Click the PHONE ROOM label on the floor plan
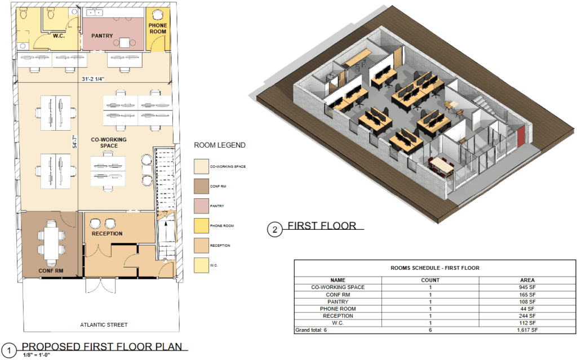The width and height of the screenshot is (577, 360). tap(158, 28)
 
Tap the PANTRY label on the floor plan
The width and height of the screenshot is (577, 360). tap(102, 35)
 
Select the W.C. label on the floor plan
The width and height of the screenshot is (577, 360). tap(59, 35)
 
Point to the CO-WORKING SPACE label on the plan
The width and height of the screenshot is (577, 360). tap(109, 143)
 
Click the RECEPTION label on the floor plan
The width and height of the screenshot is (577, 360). tap(107, 233)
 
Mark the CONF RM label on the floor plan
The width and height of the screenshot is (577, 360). tap(51, 270)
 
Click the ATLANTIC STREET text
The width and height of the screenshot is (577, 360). tap(104, 325)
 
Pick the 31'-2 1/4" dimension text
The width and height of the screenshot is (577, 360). tap(94, 79)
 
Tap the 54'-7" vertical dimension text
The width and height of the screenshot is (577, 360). tap(75, 142)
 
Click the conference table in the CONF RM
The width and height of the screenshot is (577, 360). tap(51, 243)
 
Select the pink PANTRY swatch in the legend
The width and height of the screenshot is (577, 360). tap(201, 206)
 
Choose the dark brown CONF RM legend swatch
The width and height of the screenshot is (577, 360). tap(201, 186)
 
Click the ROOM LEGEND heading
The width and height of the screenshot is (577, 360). tap(220, 145)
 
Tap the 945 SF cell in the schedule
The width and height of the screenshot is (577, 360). tap(527, 287)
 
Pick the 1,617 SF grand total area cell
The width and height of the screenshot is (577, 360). tap(527, 330)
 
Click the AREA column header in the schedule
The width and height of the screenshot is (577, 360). tap(527, 280)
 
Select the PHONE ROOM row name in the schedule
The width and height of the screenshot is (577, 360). tap(338, 309)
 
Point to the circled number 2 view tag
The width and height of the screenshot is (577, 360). tap(274, 230)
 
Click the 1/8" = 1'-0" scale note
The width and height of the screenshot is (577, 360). tap(37, 355)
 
